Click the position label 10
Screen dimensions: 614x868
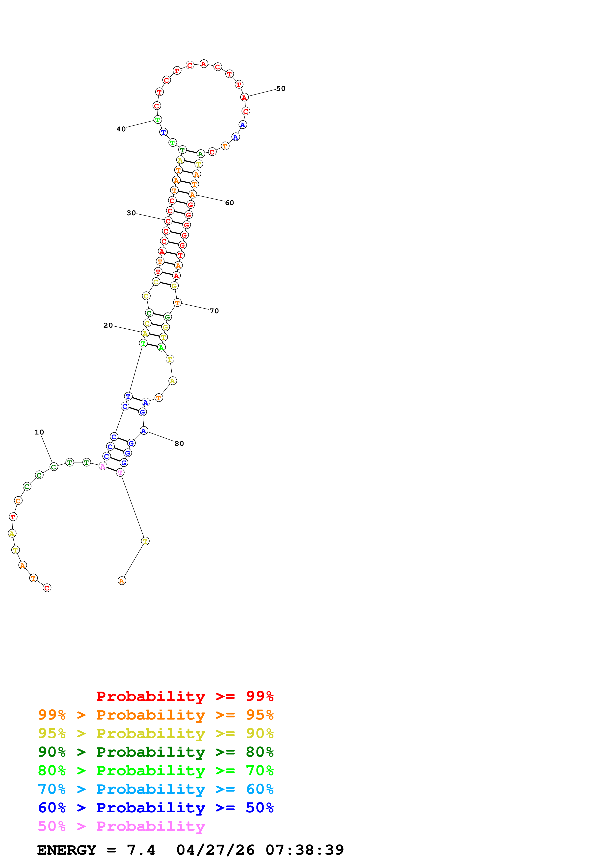(39, 432)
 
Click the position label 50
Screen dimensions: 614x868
(281, 89)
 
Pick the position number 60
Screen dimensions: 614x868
(230, 203)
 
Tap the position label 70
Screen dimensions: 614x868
(214, 311)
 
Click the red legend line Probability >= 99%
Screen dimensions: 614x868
(185, 696)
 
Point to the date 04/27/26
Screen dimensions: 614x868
(216, 850)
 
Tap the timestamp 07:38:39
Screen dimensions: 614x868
(305, 850)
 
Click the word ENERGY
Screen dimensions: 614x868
(67, 850)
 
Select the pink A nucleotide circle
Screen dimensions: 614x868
(103, 466)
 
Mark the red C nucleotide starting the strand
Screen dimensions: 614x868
(47, 588)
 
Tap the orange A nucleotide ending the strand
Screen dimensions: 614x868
(121, 581)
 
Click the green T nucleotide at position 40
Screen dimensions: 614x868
(157, 120)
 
